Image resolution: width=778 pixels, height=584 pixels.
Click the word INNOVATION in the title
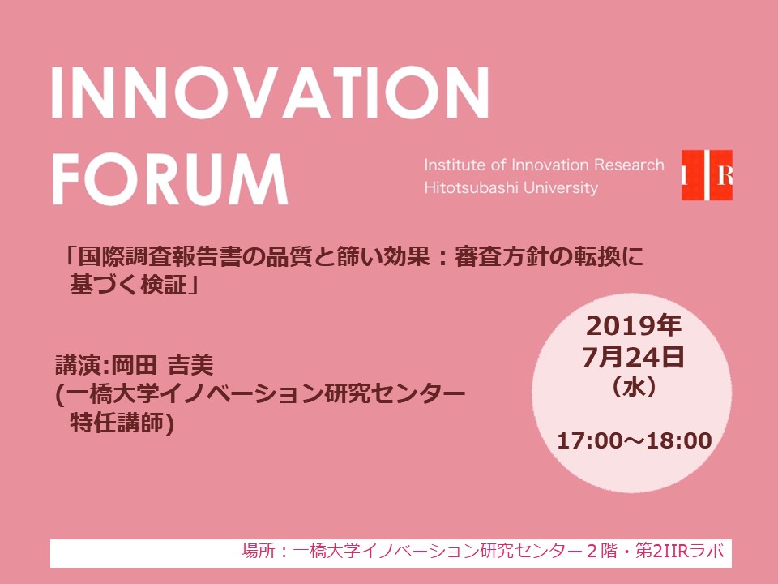click(x=270, y=92)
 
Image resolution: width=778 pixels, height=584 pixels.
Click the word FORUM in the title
click(x=169, y=179)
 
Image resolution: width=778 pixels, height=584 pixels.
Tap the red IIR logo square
click(x=707, y=175)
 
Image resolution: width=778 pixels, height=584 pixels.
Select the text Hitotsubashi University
click(x=511, y=187)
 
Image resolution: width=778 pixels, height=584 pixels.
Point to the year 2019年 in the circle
click(x=634, y=326)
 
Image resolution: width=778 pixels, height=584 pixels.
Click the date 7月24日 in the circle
click(x=633, y=358)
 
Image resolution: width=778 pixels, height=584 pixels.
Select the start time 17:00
click(x=590, y=441)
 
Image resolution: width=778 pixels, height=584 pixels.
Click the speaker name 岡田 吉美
click(x=162, y=366)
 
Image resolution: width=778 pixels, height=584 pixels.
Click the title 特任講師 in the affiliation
click(x=117, y=423)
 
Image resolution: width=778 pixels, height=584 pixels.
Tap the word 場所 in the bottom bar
click(x=259, y=552)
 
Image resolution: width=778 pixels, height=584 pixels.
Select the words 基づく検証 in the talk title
click(x=128, y=285)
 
